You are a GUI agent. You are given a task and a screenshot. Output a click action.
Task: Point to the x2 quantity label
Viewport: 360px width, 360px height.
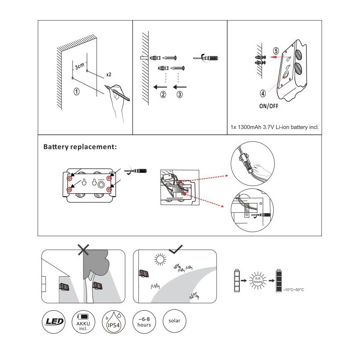108,75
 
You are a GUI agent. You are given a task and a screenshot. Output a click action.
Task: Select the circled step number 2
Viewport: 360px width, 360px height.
163,95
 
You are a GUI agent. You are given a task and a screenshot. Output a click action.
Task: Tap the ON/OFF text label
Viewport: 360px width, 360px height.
268,106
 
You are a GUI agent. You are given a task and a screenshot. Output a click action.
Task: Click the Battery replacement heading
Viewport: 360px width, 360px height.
80,147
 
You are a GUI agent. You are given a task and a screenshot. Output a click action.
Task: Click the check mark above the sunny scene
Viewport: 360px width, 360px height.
175,249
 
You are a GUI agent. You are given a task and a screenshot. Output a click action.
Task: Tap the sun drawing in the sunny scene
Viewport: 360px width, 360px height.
159,260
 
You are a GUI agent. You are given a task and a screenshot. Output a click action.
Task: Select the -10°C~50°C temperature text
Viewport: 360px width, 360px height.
294,290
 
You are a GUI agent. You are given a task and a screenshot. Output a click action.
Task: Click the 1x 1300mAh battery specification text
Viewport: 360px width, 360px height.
274,127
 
